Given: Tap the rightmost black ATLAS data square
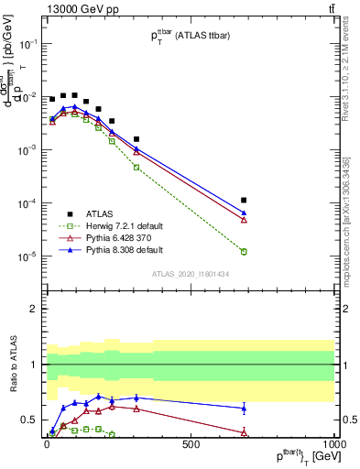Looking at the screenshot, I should pos(244,200).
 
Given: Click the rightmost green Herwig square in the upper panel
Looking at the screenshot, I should pos(244,251).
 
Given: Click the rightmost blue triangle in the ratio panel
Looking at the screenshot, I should pos(244,408).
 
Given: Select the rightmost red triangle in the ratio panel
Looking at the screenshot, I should pos(244,431).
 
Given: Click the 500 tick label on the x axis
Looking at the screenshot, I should pos(191,445).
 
